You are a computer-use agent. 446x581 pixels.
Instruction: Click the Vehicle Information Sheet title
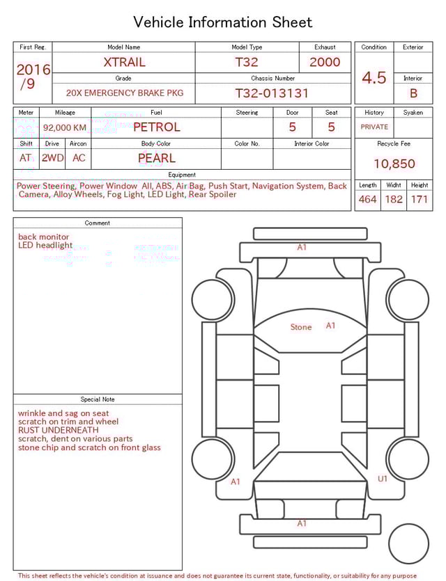tap(223, 22)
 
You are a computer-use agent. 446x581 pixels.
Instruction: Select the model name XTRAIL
tap(124, 62)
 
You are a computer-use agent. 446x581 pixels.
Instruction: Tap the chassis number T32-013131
tap(272, 93)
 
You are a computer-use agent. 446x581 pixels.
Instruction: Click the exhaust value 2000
tap(325, 62)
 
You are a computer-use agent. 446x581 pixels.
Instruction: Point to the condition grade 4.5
tap(374, 77)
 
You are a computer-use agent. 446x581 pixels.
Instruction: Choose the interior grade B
tap(413, 93)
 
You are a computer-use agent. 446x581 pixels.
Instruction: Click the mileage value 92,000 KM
tap(65, 128)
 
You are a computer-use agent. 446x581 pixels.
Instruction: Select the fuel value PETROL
tap(156, 127)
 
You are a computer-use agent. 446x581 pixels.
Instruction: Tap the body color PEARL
tap(156, 158)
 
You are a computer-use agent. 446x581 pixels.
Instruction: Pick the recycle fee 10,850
tap(394, 164)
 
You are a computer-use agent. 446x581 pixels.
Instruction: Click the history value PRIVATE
tap(374, 127)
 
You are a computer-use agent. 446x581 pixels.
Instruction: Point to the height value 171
tap(420, 200)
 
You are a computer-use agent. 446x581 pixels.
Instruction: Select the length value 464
tap(368, 200)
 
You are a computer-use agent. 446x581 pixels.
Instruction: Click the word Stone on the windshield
tap(301, 327)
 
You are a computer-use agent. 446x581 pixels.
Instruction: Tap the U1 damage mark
tap(383, 479)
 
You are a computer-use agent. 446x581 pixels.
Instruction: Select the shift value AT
tap(26, 158)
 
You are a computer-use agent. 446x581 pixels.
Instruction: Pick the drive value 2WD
tap(52, 158)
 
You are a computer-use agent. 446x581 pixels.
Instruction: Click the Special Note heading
tap(98, 399)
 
